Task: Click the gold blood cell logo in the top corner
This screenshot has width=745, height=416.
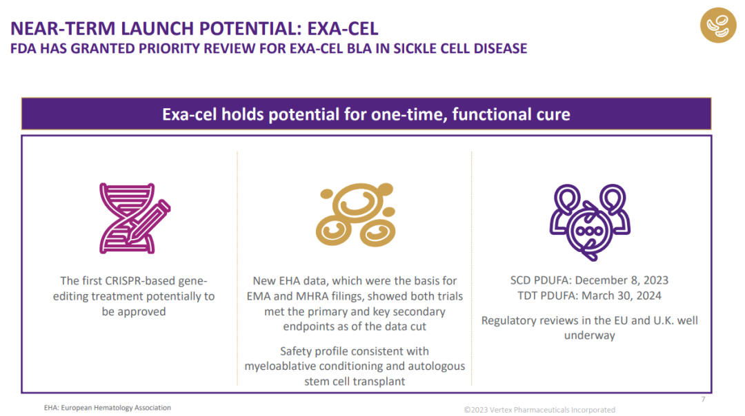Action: pos(718,25)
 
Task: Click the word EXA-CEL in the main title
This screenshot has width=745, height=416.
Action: pos(343,28)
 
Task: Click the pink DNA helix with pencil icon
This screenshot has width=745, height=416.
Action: pos(135,218)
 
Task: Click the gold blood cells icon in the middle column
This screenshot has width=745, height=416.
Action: pos(355,214)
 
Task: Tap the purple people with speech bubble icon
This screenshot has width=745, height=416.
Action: pos(590,222)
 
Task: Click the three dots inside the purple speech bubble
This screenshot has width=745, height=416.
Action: pos(589,231)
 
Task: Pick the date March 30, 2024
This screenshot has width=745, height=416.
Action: pos(622,295)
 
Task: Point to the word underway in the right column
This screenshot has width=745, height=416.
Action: pos(590,335)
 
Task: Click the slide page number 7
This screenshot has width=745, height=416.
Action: pos(703,399)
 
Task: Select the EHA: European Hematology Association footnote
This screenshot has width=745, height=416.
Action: pos(108,408)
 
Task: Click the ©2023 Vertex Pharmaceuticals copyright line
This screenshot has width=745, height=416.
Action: pos(539,410)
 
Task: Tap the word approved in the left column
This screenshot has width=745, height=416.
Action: pos(141,312)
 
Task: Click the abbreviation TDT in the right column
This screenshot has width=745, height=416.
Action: pos(527,295)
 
